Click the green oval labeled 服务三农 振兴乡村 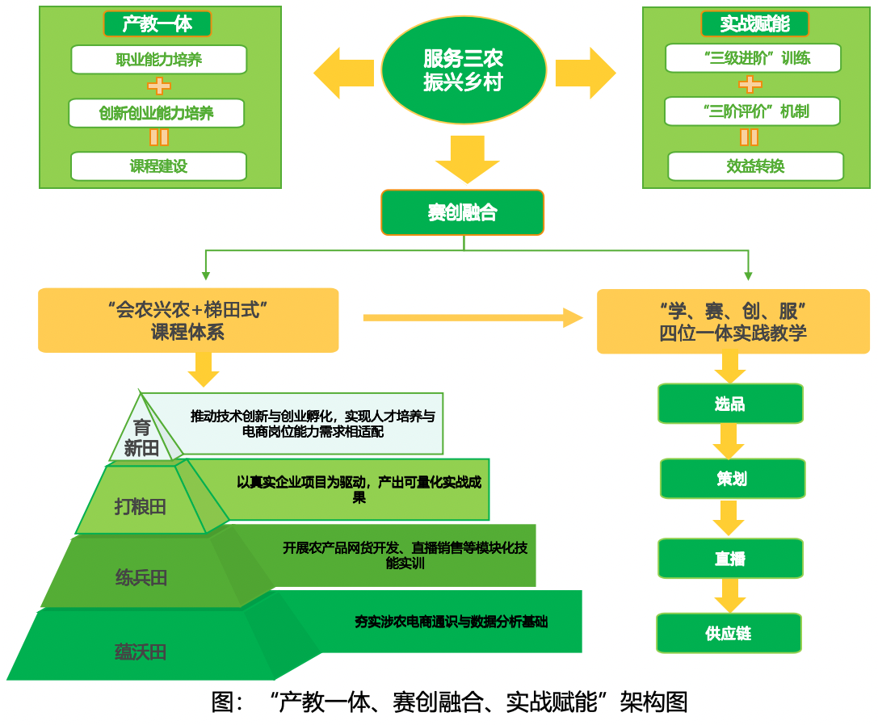(463, 71)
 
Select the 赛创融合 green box (463, 213)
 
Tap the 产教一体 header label (158, 23)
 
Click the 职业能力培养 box (159, 60)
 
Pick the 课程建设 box (158, 166)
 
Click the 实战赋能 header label (754, 23)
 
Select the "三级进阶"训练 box (753, 58)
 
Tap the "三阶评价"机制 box (752, 111)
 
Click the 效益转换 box (755, 166)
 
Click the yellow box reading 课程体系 (187, 321)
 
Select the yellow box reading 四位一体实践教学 (733, 321)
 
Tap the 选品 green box (730, 404)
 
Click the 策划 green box (732, 479)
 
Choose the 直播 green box (730, 559)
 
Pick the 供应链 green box (729, 633)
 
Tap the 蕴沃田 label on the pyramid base (141, 652)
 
